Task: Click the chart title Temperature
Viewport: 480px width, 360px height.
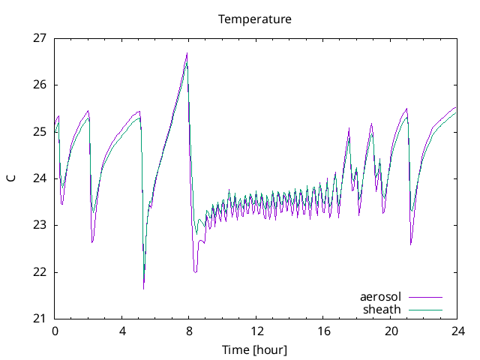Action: point(254,19)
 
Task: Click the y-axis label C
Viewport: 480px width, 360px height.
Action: point(10,178)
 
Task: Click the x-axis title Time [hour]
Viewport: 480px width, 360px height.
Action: point(254,349)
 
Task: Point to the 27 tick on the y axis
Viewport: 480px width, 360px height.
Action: point(40,37)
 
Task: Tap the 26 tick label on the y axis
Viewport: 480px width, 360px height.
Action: point(40,85)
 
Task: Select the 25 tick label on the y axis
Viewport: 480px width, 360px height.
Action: point(40,131)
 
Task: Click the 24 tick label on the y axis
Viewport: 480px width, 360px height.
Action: point(40,178)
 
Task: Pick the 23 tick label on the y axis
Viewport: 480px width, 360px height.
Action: point(40,225)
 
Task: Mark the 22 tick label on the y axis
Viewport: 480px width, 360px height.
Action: point(40,271)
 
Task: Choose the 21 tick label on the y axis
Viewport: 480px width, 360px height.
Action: point(40,319)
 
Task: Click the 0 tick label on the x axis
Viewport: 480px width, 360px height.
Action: point(55,331)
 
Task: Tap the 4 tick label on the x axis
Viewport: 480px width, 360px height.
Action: point(122,331)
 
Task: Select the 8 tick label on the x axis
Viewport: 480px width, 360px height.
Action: point(189,331)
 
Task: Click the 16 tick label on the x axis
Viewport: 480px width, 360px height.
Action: point(323,331)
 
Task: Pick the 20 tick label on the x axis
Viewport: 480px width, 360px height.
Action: point(390,331)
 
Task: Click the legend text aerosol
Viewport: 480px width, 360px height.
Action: point(380,298)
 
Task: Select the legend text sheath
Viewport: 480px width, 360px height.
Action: point(382,309)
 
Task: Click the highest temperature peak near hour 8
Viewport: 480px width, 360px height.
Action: point(187,53)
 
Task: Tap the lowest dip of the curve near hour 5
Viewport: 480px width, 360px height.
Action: point(143,289)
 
